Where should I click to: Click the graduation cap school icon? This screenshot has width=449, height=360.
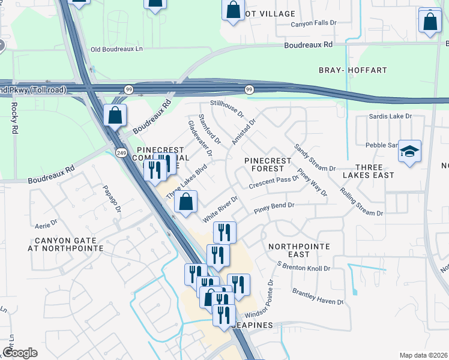click(x=409, y=152)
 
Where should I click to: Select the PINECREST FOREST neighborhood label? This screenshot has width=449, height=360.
click(x=268, y=165)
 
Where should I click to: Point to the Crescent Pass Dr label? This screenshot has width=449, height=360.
click(x=274, y=182)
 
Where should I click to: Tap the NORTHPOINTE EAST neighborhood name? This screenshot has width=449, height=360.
click(x=298, y=250)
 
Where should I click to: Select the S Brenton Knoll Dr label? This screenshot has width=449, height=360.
click(x=303, y=266)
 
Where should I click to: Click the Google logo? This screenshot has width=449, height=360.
click(x=20, y=353)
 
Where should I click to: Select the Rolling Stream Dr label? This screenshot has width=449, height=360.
click(x=361, y=203)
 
